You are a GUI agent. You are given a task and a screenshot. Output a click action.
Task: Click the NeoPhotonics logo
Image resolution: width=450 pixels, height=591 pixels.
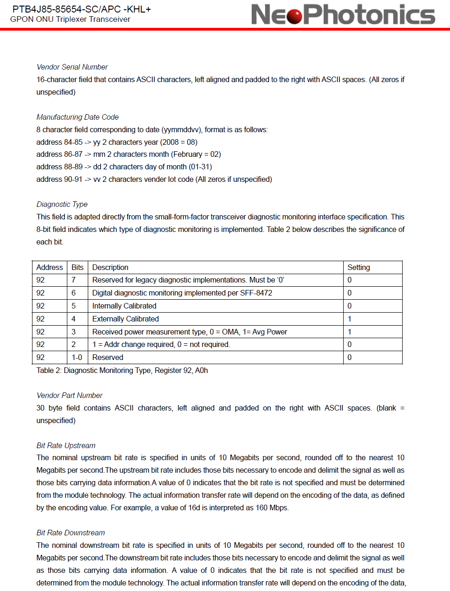[343, 14]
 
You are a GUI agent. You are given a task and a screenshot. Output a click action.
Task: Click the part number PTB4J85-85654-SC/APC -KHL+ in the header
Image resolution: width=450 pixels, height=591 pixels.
[81, 9]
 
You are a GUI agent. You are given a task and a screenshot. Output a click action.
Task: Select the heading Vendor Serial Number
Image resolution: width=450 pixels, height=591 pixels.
[72, 67]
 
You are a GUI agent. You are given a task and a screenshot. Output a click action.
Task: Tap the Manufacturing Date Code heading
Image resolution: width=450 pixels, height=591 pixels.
[78, 117]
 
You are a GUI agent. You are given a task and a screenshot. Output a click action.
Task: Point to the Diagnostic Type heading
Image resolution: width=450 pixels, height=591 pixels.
[62, 205]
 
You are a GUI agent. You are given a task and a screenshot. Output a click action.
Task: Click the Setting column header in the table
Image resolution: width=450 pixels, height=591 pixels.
[359, 268]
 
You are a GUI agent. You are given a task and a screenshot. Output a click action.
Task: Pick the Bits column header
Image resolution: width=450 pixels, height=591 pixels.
[78, 268]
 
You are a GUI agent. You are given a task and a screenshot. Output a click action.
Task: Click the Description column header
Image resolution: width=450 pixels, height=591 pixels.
[110, 268]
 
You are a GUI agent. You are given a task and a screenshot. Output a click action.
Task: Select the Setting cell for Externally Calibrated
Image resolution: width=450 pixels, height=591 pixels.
[350, 319]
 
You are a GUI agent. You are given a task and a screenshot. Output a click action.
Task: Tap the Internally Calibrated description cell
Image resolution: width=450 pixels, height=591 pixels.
[124, 306]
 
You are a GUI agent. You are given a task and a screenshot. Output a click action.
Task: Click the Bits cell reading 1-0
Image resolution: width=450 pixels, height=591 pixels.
[77, 358]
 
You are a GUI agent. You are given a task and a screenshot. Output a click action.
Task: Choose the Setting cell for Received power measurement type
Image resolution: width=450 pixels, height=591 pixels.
[350, 332]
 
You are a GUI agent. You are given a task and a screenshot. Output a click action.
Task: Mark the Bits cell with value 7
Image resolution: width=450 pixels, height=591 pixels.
[73, 280]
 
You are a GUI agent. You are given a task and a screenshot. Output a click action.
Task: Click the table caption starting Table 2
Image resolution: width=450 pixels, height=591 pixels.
[122, 371]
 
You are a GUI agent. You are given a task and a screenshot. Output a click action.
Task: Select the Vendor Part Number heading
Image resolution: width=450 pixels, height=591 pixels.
[70, 396]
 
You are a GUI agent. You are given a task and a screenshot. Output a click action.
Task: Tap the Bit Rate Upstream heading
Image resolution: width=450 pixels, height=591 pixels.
[66, 446]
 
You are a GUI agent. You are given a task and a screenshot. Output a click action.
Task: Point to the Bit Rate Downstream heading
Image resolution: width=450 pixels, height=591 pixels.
[71, 533]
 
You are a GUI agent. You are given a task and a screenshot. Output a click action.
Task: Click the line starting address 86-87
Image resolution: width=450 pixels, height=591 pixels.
[129, 154]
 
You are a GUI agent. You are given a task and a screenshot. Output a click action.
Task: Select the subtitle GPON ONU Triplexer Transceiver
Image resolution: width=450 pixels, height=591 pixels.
[70, 19]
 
